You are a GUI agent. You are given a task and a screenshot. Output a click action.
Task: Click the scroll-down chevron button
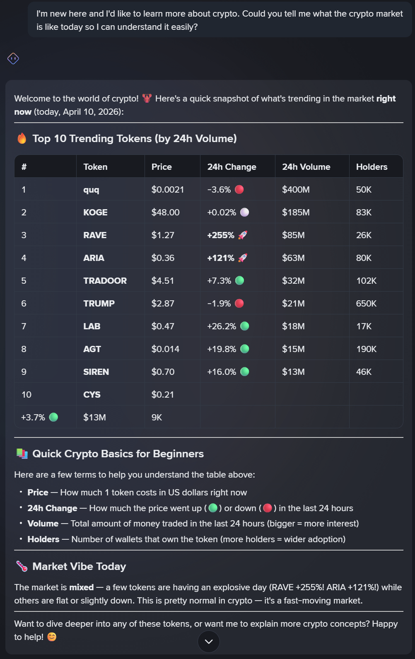pyautogui.click(x=209, y=642)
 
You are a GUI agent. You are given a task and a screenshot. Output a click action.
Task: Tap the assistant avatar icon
pyautogui.click(x=13, y=58)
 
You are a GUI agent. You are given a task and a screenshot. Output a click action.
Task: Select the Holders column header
pyautogui.click(x=372, y=167)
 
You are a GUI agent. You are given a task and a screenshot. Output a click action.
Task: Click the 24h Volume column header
pyautogui.click(x=306, y=167)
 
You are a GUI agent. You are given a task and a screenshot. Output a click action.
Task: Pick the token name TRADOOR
pyautogui.click(x=105, y=281)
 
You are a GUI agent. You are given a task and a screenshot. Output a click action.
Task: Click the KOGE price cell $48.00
pyautogui.click(x=165, y=212)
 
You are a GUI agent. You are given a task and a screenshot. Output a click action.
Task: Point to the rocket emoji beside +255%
pyautogui.click(x=243, y=235)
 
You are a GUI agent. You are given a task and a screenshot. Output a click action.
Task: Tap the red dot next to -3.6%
pyautogui.click(x=239, y=190)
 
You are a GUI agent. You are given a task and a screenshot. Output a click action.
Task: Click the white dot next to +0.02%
pyautogui.click(x=245, y=212)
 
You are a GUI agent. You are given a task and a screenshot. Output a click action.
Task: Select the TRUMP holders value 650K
pyautogui.click(x=366, y=304)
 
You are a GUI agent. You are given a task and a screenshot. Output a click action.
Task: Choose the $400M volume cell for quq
pyautogui.click(x=296, y=190)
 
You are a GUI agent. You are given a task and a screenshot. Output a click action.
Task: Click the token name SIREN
pyautogui.click(x=96, y=372)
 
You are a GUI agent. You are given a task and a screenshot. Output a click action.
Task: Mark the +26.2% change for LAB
pyautogui.click(x=222, y=326)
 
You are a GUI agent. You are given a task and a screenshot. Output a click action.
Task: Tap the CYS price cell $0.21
pyautogui.click(x=163, y=395)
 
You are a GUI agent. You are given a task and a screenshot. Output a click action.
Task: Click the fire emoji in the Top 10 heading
pyautogui.click(x=22, y=138)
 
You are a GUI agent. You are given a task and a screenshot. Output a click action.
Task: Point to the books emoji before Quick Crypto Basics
pyautogui.click(x=22, y=454)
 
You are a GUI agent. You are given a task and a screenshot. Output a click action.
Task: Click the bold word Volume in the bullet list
pyautogui.click(x=43, y=524)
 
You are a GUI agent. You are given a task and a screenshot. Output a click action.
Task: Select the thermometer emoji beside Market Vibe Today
pyautogui.click(x=22, y=566)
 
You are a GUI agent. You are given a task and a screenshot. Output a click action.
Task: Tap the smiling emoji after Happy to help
pyautogui.click(x=52, y=637)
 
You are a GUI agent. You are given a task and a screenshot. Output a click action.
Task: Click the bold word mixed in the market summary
pyautogui.click(x=82, y=587)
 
